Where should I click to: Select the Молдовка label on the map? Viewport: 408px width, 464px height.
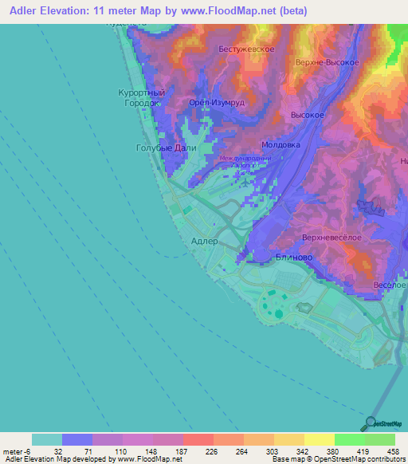(x=280, y=145)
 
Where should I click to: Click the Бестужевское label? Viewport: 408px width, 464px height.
(x=246, y=49)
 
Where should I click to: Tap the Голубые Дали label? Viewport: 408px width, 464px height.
(x=162, y=147)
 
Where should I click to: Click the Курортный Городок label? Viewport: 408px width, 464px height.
(x=142, y=98)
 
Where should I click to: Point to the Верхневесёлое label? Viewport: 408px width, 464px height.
(x=333, y=238)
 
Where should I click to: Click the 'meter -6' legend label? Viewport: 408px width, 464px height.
(x=14, y=450)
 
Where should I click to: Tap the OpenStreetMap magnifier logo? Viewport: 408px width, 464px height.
(x=371, y=423)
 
